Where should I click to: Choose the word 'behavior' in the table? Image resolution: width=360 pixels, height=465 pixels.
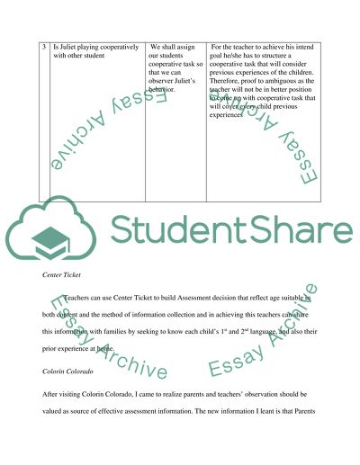(166, 92)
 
